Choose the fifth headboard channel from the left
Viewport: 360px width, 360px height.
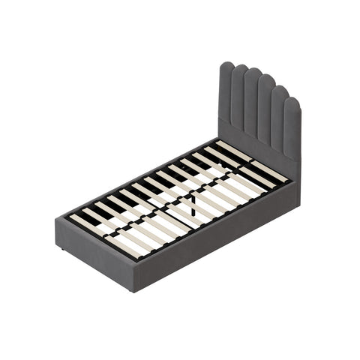(x=278, y=120)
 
